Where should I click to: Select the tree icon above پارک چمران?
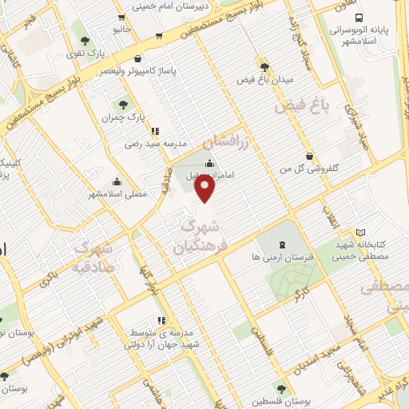coord(123,103)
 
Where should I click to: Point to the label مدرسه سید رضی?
coord(155,145)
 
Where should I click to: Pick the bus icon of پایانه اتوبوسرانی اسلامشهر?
coord(358,17)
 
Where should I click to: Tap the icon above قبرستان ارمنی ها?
coord(280,244)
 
